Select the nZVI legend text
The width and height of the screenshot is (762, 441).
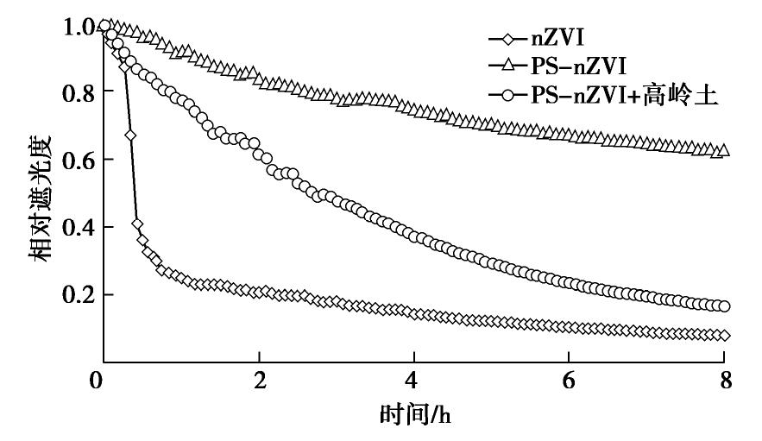(552, 38)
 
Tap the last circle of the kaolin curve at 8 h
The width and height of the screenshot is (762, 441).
(724, 306)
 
